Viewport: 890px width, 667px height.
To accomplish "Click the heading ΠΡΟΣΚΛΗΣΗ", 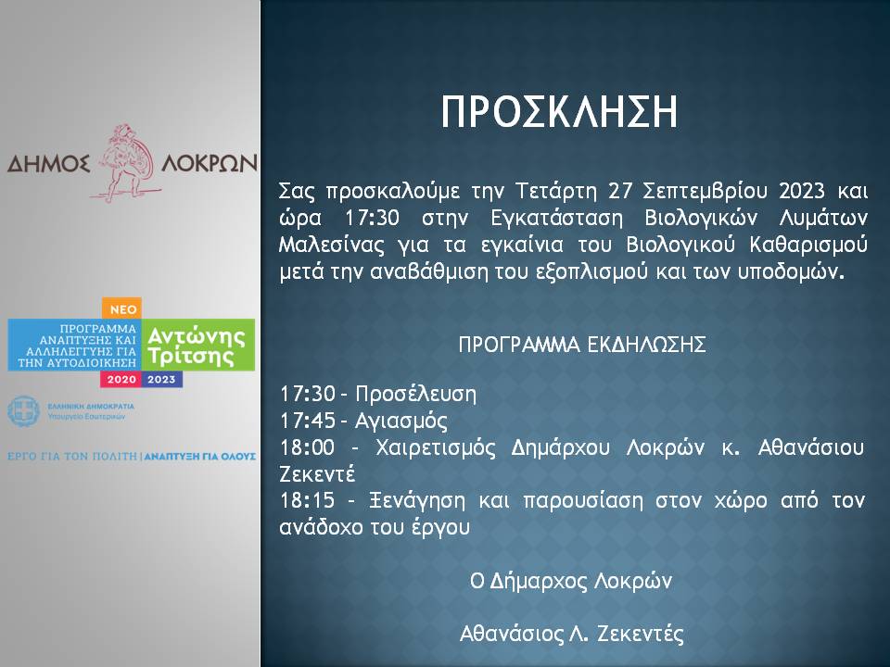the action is (x=560, y=112).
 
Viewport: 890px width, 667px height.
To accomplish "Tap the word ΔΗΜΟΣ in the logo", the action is (x=48, y=164).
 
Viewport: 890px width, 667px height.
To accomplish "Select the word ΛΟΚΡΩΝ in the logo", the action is (x=210, y=163).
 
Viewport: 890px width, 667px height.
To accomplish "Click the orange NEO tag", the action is (x=122, y=309).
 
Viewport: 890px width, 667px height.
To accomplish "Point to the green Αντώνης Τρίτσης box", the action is (x=198, y=345).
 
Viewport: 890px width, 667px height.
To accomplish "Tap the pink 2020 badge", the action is (x=121, y=380).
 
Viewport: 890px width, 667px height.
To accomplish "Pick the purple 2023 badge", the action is (x=161, y=380).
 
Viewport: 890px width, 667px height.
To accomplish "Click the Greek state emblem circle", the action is (x=23, y=411).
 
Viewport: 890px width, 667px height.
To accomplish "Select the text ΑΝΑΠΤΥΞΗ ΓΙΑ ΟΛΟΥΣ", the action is (x=200, y=457).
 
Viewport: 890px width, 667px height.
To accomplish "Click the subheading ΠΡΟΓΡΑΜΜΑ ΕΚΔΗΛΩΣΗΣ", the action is (x=582, y=345).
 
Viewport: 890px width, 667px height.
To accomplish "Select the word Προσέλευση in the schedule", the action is (x=416, y=395).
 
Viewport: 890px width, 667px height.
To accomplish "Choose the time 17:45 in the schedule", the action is (x=308, y=421).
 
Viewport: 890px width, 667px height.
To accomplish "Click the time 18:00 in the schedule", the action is (x=307, y=447).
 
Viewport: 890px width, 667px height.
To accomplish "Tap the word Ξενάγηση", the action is (x=417, y=501).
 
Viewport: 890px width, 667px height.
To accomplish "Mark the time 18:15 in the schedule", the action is (x=307, y=501).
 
